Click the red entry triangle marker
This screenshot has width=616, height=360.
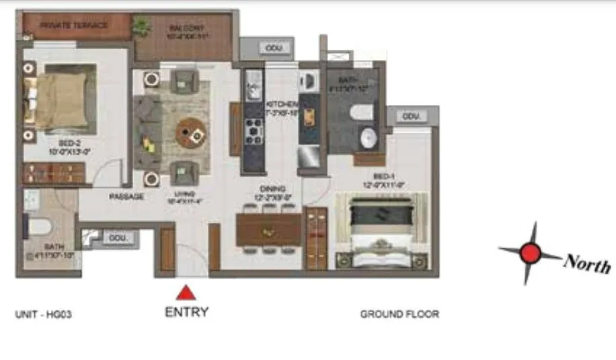click(x=186, y=293)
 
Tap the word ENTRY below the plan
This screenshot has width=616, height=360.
click(x=186, y=312)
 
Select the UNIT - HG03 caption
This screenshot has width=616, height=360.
click(x=43, y=314)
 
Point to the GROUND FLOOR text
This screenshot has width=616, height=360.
click(x=399, y=314)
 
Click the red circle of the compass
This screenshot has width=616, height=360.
click(x=531, y=253)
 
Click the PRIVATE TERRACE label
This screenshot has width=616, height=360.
click(x=74, y=26)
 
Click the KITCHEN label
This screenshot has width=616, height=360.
click(x=281, y=105)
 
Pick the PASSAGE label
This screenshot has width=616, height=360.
click(x=126, y=197)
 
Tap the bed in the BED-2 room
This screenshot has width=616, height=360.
click(x=61, y=100)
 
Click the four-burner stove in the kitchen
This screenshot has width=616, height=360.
click(x=254, y=132)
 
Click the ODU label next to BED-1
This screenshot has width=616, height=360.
click(x=411, y=116)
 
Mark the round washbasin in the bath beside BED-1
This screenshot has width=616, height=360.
click(x=368, y=139)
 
